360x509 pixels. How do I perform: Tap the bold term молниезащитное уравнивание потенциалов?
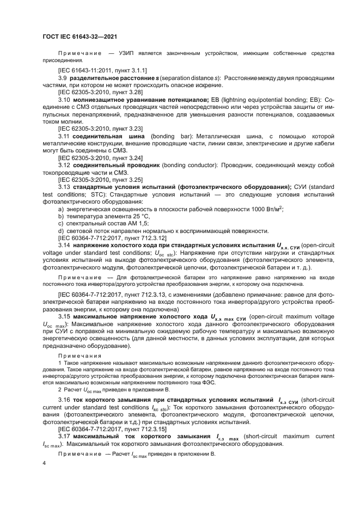141,100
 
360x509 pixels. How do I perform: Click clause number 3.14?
65,246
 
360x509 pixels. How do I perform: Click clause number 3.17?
65,437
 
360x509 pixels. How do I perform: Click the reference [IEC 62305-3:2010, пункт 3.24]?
93,157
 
